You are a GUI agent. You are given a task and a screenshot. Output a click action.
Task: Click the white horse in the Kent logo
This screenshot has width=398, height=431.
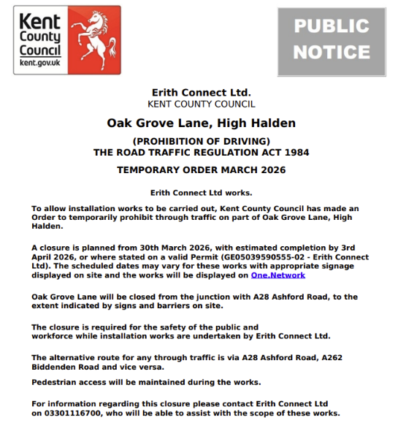(91, 37)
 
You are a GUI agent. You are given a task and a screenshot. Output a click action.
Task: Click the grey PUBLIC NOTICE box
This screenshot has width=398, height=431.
(332, 40)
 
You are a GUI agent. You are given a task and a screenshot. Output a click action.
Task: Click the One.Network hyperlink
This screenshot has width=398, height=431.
(278, 275)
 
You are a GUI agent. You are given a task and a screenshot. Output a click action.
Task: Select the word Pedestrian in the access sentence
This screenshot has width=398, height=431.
(57, 383)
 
